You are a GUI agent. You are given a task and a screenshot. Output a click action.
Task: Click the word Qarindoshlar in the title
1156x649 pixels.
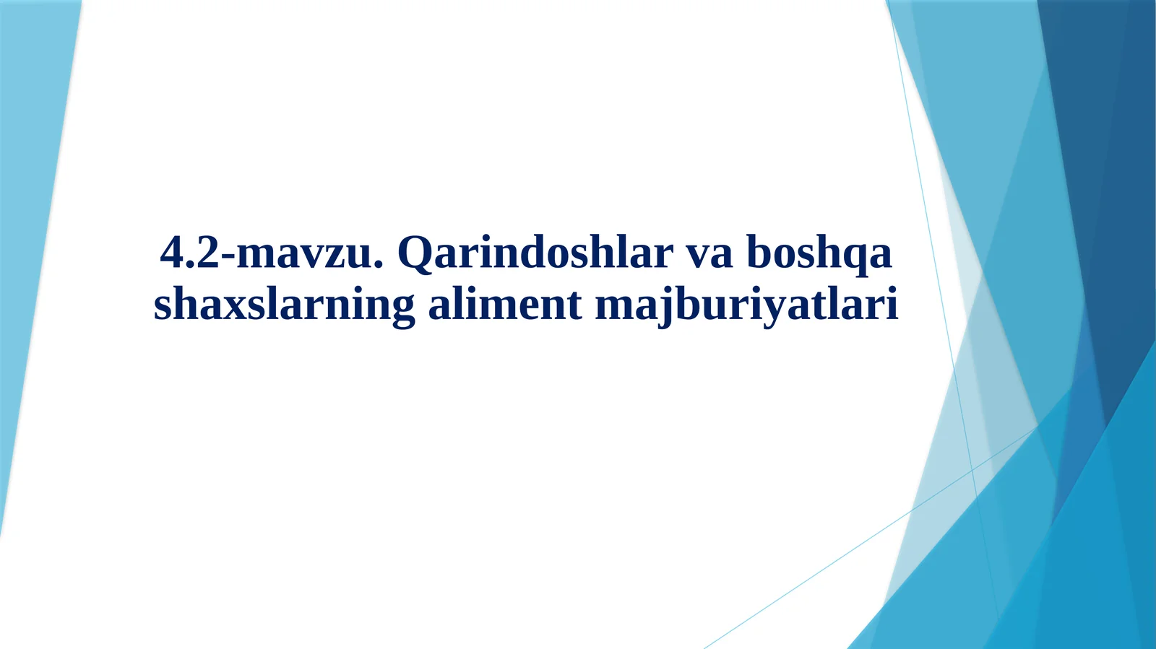point(535,253)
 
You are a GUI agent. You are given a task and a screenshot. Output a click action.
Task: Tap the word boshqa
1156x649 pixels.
point(819,254)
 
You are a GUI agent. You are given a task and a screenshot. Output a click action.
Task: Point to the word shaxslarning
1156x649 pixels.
point(284,305)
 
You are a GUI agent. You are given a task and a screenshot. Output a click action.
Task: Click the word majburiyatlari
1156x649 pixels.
point(746,305)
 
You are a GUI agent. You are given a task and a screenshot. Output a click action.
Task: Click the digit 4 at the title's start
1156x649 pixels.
point(172,253)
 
